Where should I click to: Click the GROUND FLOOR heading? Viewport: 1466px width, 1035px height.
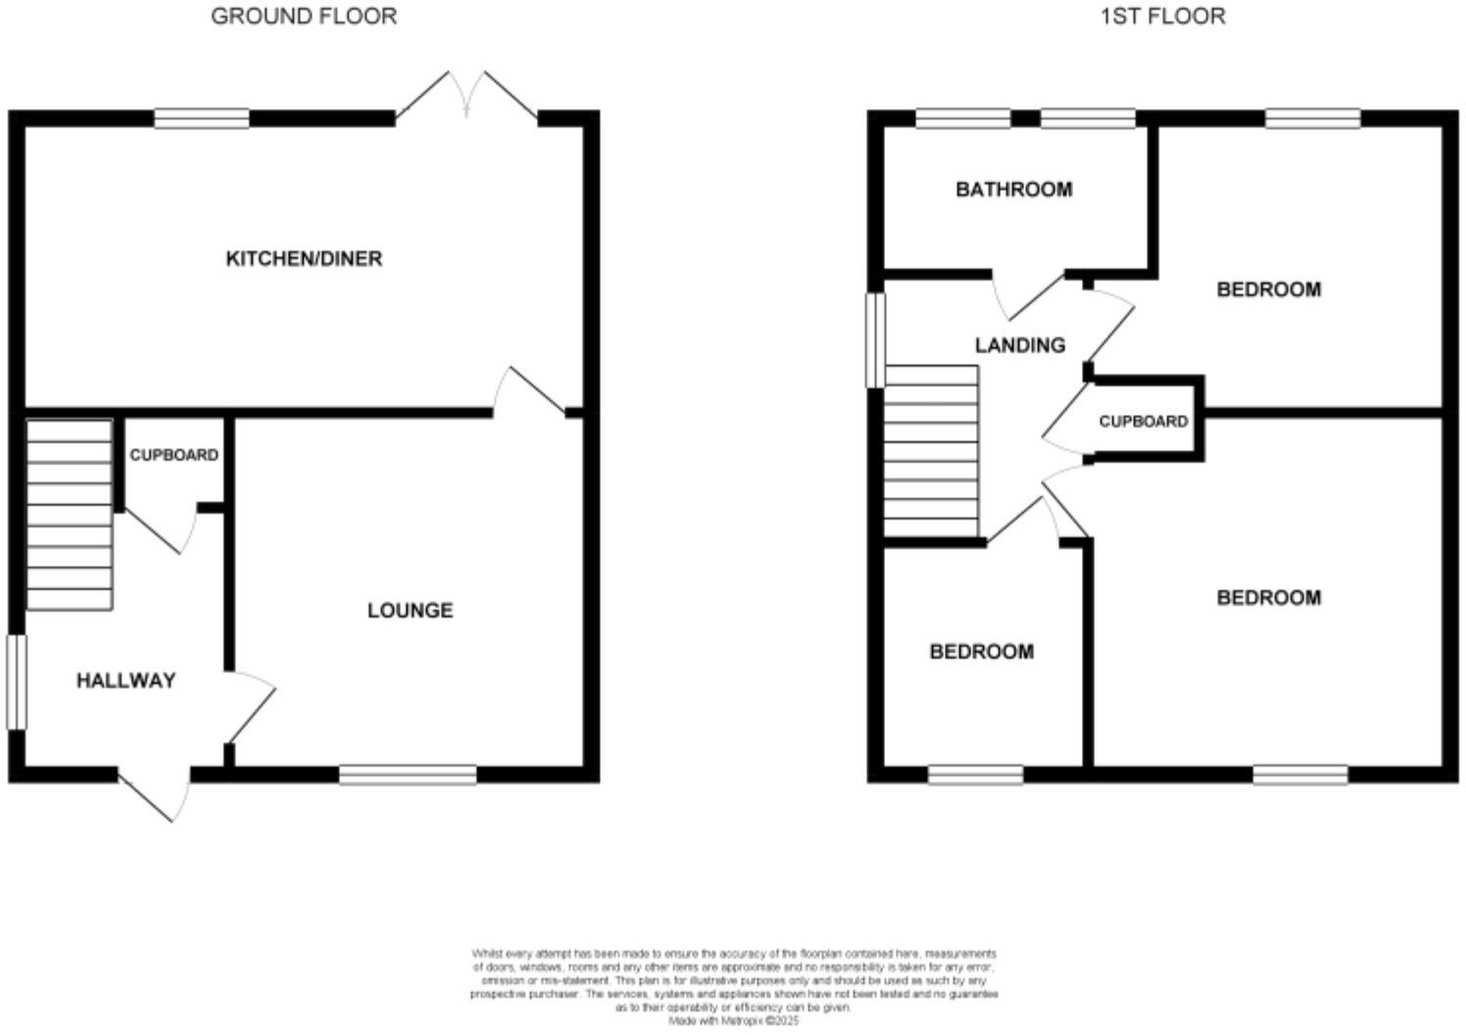coord(304,16)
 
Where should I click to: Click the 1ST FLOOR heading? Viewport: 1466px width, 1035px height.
coord(1162,16)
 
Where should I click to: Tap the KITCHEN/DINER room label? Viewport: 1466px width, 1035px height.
coord(304,259)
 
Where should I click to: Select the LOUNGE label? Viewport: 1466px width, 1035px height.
coord(410,611)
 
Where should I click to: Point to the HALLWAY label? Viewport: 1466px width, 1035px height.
coord(125,680)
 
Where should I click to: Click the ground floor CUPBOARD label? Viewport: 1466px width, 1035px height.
coord(174,456)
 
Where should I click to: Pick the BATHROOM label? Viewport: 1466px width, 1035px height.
coord(1013,189)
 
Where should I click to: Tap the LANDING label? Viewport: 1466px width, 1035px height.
coord(1019,345)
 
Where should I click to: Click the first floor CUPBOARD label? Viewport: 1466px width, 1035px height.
coord(1143,421)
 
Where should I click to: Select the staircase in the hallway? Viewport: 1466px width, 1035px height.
coord(69,515)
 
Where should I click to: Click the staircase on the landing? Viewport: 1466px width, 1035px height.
coord(931,451)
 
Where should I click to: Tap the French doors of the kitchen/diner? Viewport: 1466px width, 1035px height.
coord(466,98)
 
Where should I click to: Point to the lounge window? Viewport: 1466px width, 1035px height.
coord(408,776)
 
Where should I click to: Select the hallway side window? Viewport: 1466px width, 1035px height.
coord(16,682)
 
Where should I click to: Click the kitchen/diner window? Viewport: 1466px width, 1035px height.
coord(202,120)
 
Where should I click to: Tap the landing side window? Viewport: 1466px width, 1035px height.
coord(874,340)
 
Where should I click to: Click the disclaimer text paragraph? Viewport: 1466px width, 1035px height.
coord(733,986)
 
